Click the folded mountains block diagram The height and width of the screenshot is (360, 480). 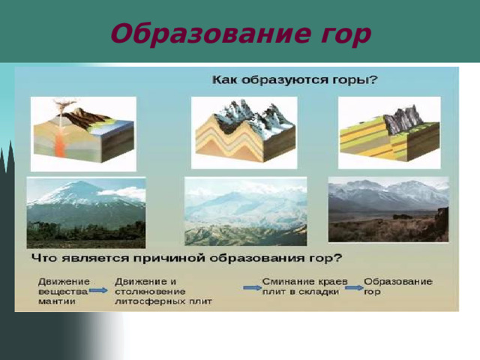click(x=244, y=132)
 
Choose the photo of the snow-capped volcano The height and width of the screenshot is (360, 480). click(x=86, y=212)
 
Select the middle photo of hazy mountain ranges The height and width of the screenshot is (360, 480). click(x=245, y=211)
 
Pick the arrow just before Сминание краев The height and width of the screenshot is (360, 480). click(x=252, y=286)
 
